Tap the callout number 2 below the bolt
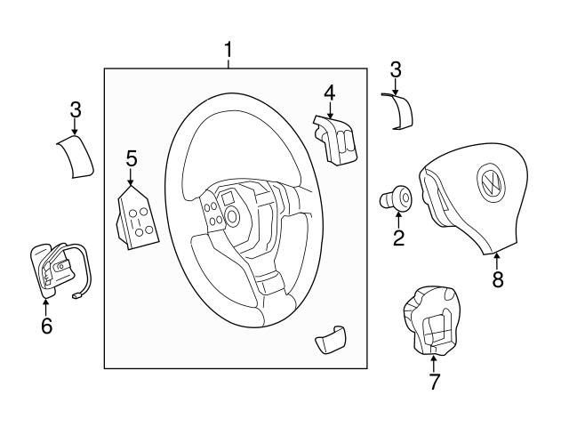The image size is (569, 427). [x=398, y=237]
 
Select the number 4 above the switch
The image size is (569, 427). [x=329, y=92]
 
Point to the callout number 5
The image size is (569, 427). [x=132, y=159]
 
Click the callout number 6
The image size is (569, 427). [x=46, y=325]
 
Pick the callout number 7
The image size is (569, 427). [x=434, y=383]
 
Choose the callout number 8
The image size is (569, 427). [x=498, y=278]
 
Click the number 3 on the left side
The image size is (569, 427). [x=76, y=110]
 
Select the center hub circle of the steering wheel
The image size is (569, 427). [x=233, y=214]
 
